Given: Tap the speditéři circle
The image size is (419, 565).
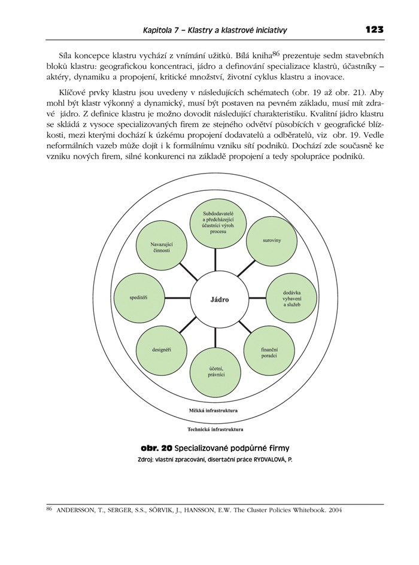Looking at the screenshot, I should click(x=138, y=297).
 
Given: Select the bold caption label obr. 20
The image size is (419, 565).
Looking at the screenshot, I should click(x=157, y=448).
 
